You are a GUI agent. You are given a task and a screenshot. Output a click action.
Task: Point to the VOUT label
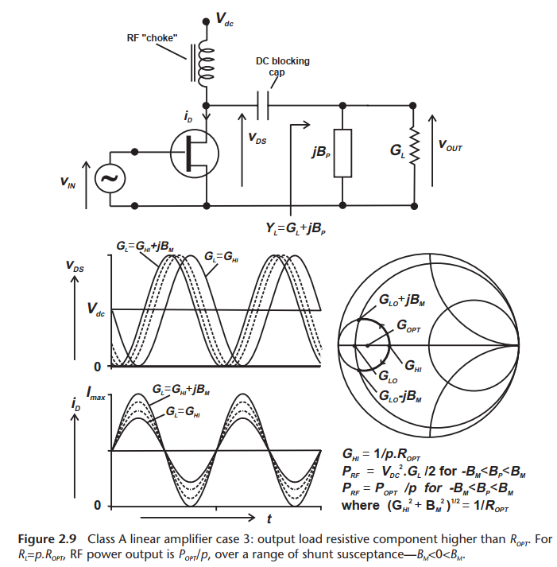click(x=454, y=146)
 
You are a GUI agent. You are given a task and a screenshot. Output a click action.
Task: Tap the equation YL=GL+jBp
click(x=300, y=228)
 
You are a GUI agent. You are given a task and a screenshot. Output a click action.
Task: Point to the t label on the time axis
click(x=269, y=518)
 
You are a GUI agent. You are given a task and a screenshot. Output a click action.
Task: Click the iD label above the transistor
click(x=188, y=118)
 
